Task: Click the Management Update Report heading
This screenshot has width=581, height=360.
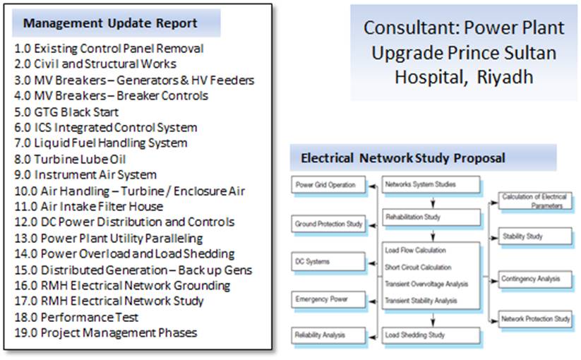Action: tap(110, 23)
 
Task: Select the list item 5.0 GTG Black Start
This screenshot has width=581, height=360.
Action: tap(66, 112)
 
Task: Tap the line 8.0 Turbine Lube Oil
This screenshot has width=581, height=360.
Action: tap(70, 160)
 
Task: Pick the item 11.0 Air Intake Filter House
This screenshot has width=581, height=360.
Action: tap(88, 206)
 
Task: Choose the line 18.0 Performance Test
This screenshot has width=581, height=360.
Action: tap(76, 317)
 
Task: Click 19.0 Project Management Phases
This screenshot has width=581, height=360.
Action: tap(106, 332)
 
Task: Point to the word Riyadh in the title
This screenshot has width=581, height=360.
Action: tap(505, 77)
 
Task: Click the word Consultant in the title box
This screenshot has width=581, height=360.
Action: tap(410, 28)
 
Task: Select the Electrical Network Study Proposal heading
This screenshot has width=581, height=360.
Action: tap(403, 158)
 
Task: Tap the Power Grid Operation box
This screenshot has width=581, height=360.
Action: tap(328, 185)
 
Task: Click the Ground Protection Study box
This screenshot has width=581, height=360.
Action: tap(328, 224)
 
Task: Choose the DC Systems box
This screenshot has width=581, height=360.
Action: tap(328, 261)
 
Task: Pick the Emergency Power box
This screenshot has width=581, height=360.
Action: tap(328, 299)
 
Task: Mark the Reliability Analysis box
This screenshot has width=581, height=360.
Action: tap(328, 335)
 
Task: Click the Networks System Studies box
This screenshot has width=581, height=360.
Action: tap(431, 184)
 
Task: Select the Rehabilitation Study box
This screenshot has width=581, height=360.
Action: tap(431, 217)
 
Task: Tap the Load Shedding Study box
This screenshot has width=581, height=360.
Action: tap(431, 335)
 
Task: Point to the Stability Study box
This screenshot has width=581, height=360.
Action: tap(535, 236)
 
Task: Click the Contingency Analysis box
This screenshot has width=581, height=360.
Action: tap(535, 280)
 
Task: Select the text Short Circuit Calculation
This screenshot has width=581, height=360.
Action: tap(418, 267)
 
